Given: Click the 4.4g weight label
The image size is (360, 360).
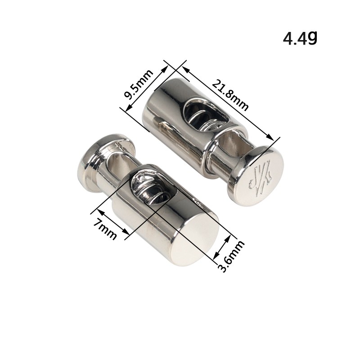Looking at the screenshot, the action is click(x=300, y=38).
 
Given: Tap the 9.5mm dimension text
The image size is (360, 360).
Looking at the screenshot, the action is click(x=138, y=84).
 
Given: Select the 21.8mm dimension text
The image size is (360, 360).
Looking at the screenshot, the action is click(x=230, y=94).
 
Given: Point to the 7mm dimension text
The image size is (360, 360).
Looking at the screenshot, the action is click(x=105, y=229).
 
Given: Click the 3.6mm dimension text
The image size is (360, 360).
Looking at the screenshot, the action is click(x=231, y=256).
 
